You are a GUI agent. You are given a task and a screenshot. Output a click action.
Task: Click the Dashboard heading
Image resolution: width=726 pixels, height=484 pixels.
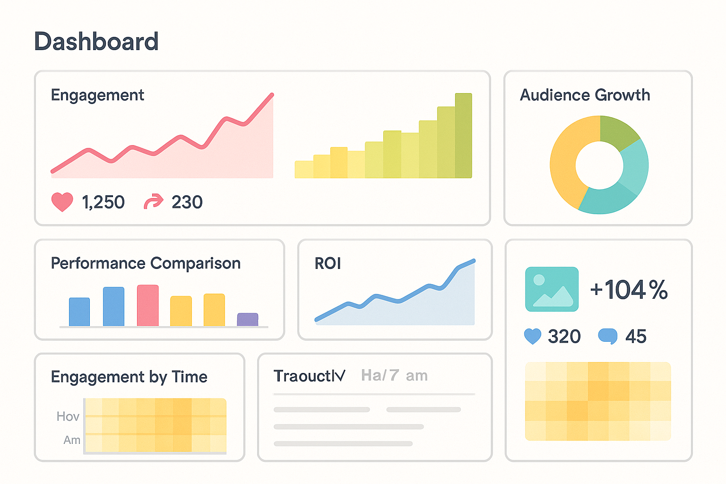coord(96,42)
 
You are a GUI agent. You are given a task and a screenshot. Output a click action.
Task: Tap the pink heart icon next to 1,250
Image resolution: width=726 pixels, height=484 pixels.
coord(62,202)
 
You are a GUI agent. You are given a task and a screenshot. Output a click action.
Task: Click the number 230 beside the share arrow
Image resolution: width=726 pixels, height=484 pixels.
coord(187,202)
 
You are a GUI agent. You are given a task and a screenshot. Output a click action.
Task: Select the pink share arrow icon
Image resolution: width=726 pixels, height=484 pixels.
coord(153,202)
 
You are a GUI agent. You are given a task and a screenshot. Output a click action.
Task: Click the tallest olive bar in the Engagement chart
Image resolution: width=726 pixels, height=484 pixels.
coord(463,137)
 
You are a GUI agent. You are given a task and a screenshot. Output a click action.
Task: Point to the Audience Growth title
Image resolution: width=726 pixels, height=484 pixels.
coord(585,95)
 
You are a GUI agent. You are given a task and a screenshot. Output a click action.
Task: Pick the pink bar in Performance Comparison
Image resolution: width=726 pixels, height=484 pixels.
coord(147,306)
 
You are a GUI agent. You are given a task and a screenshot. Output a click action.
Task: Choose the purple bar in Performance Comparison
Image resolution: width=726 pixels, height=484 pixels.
coord(248,320)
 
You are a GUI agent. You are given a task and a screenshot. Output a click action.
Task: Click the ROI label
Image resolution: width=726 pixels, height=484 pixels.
coord(328,263)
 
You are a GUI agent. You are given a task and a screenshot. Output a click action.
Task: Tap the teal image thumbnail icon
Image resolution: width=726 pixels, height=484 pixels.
coord(552,289)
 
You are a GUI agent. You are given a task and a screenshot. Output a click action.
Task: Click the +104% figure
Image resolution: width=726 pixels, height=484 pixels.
coord(629,289)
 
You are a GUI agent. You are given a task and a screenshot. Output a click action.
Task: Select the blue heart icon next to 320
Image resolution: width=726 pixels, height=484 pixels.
coord(533,336)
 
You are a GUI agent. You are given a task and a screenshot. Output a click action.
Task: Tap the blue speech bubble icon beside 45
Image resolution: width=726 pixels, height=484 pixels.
coord(607,336)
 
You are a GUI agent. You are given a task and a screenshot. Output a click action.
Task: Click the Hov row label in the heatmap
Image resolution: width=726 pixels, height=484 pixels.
coord(68,416)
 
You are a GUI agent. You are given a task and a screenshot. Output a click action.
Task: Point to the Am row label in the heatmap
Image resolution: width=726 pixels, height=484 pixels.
coord(72,440)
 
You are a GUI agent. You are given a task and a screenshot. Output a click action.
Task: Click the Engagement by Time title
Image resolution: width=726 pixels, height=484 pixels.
coord(129,377)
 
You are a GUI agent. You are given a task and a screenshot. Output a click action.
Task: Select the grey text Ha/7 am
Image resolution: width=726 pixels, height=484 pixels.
coord(394,376)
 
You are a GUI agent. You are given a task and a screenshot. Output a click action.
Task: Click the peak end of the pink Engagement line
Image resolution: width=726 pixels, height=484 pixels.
coord(272,95)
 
